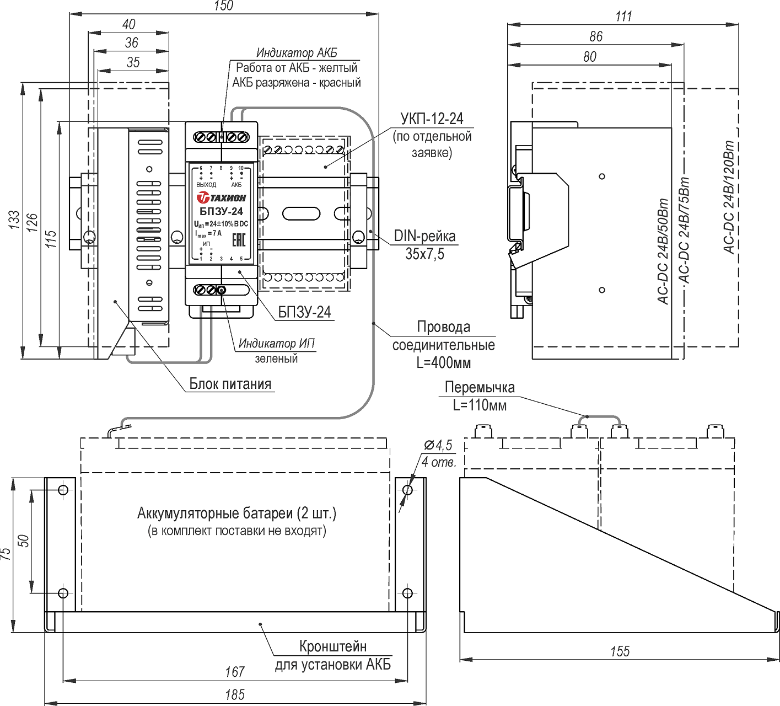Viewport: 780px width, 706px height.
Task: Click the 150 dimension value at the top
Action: click(x=223, y=6)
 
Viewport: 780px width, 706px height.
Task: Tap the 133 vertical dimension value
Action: click(x=14, y=220)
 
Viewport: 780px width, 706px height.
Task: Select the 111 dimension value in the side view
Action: click(x=623, y=17)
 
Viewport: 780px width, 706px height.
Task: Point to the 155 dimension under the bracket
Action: click(x=620, y=651)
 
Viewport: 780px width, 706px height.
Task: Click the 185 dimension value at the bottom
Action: click(x=235, y=694)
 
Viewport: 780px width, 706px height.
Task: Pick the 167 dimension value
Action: click(x=235, y=672)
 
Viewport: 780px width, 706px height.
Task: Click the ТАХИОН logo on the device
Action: click(x=222, y=197)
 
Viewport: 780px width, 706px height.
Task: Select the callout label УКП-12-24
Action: click(x=432, y=119)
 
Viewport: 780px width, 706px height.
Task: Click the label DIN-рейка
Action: click(x=424, y=237)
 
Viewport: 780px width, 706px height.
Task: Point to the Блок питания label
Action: click(x=230, y=384)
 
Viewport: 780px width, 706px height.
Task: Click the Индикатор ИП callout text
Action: click(x=277, y=344)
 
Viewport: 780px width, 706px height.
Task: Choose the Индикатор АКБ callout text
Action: click(x=297, y=53)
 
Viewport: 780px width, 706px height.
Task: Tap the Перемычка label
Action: click(x=480, y=387)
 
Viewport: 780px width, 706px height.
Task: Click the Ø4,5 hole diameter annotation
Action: click(x=438, y=445)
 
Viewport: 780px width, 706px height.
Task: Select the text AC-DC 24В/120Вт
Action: click(x=729, y=197)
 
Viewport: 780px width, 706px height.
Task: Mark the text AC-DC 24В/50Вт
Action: click(x=663, y=251)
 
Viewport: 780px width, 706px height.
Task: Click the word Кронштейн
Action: click(x=333, y=646)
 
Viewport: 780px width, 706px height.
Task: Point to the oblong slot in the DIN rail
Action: click(x=302, y=213)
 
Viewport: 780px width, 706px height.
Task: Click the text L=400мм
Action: click(x=444, y=363)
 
